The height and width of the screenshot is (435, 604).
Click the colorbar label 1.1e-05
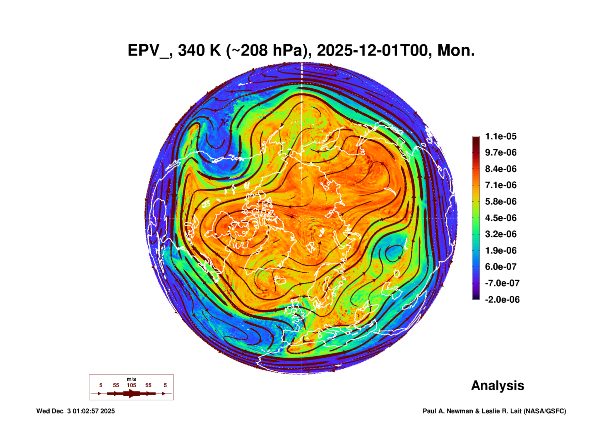click(500, 136)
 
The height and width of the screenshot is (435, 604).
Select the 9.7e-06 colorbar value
click(500, 152)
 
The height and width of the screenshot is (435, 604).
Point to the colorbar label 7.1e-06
click(500, 185)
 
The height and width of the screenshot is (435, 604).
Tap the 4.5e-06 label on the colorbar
click(500, 218)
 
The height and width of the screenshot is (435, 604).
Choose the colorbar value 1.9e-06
click(500, 250)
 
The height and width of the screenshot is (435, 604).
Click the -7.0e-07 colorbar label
click(502, 283)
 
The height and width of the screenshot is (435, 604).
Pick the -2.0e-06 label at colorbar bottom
click(502, 300)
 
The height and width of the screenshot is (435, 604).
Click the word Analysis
click(497, 385)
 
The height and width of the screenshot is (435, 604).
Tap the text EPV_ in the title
click(148, 51)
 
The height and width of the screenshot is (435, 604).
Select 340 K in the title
click(199, 51)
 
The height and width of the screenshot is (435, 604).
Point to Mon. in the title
click(456, 51)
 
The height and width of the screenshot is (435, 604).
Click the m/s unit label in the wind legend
click(131, 379)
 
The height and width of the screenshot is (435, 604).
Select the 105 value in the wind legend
click(131, 385)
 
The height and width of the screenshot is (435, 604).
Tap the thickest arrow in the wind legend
click(131, 393)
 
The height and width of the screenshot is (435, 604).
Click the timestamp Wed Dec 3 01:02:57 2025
click(75, 411)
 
